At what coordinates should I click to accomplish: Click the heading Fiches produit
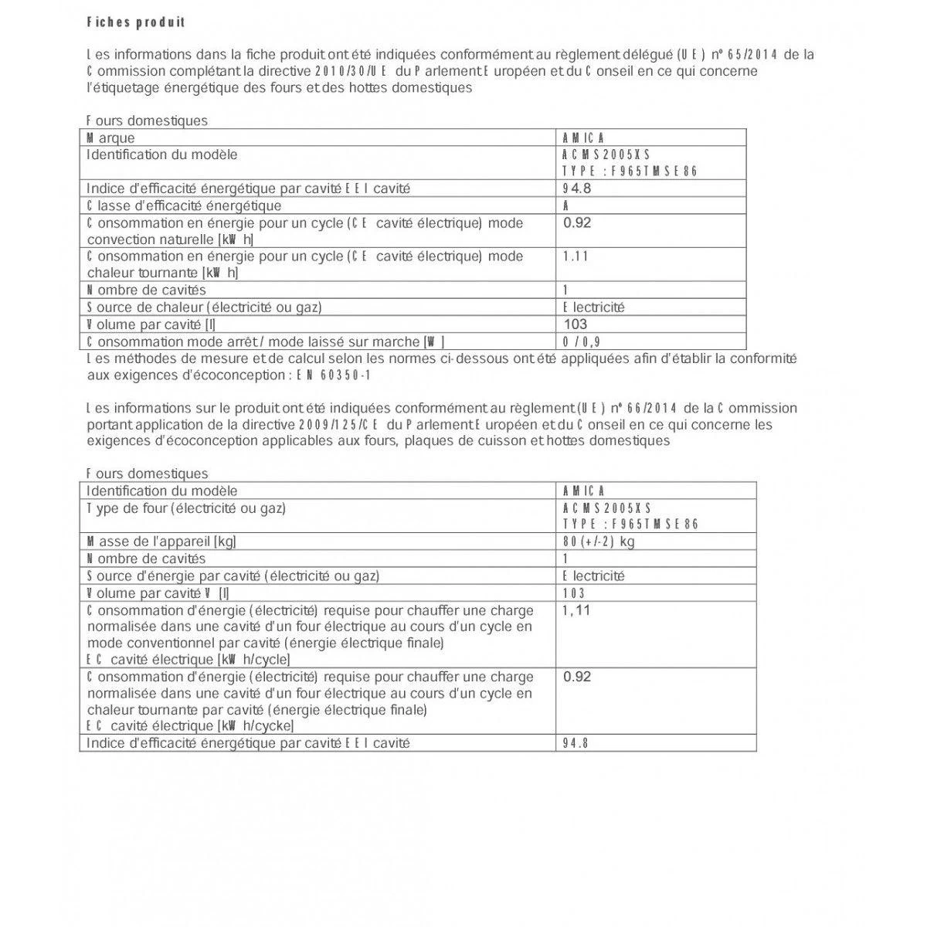(136, 22)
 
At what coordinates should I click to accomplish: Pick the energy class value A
(567, 205)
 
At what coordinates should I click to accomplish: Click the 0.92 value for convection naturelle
(577, 223)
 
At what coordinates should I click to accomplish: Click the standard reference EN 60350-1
(334, 375)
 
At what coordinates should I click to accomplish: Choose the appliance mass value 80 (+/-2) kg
(599, 542)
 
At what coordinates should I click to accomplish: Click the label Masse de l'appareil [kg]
(161, 542)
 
